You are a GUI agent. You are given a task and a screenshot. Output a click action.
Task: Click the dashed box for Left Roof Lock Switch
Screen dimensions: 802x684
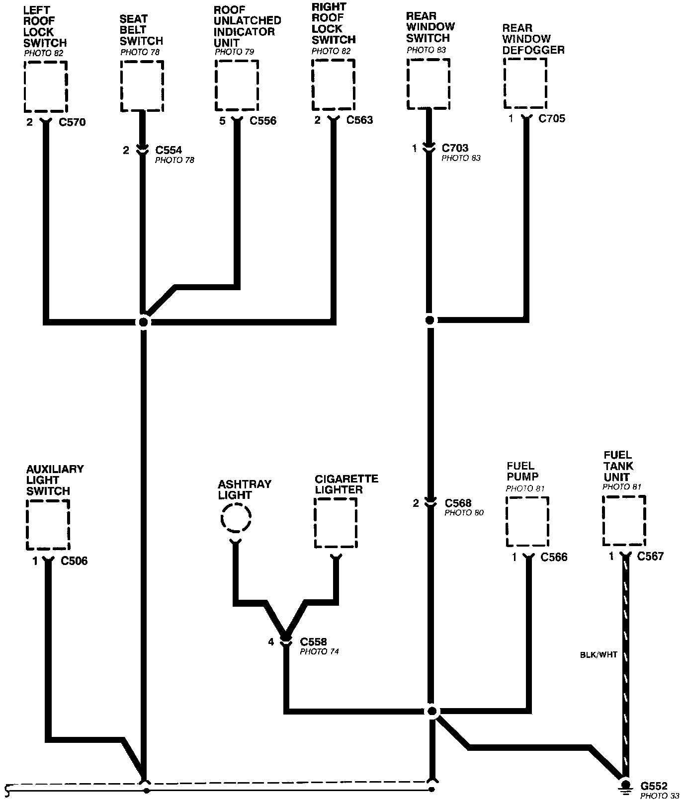tap(45, 87)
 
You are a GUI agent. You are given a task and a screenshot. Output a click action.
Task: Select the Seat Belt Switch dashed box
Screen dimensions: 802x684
tap(142, 86)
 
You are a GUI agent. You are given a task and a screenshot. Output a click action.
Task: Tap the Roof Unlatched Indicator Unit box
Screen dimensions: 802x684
tap(237, 85)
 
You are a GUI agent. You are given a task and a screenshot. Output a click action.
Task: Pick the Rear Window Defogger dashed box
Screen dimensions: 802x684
tap(525, 83)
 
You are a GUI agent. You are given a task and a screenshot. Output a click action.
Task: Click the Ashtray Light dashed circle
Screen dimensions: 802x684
tap(236, 518)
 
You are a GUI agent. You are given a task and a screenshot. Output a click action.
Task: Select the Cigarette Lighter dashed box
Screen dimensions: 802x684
tap(336, 522)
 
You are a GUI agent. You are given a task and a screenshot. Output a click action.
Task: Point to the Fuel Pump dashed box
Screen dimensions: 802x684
tap(527, 521)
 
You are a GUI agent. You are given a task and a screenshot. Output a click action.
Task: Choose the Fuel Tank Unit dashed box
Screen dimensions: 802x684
tap(624, 520)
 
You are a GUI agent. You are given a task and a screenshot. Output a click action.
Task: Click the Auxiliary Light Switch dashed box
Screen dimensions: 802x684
tap(48, 525)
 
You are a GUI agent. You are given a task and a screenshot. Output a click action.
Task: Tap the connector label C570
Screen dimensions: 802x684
tap(73, 122)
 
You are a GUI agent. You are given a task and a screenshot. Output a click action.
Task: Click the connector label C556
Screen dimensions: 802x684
tap(263, 121)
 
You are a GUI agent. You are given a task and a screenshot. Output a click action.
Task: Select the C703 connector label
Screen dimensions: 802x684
tap(455, 148)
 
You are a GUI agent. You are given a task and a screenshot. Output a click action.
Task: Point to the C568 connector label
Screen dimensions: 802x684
tap(458, 503)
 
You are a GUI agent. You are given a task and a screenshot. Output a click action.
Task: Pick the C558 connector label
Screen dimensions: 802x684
tap(314, 642)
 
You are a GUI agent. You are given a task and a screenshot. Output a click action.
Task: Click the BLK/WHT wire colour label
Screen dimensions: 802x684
tap(598, 655)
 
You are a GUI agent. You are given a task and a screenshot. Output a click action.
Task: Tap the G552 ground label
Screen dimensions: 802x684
tap(654, 786)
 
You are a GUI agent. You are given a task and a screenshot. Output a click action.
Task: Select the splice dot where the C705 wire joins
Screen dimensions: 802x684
tap(430, 320)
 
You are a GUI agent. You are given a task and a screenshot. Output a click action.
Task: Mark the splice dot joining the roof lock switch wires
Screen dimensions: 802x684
tap(143, 322)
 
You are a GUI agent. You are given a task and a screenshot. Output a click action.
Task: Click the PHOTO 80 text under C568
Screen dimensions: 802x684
tap(464, 513)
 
